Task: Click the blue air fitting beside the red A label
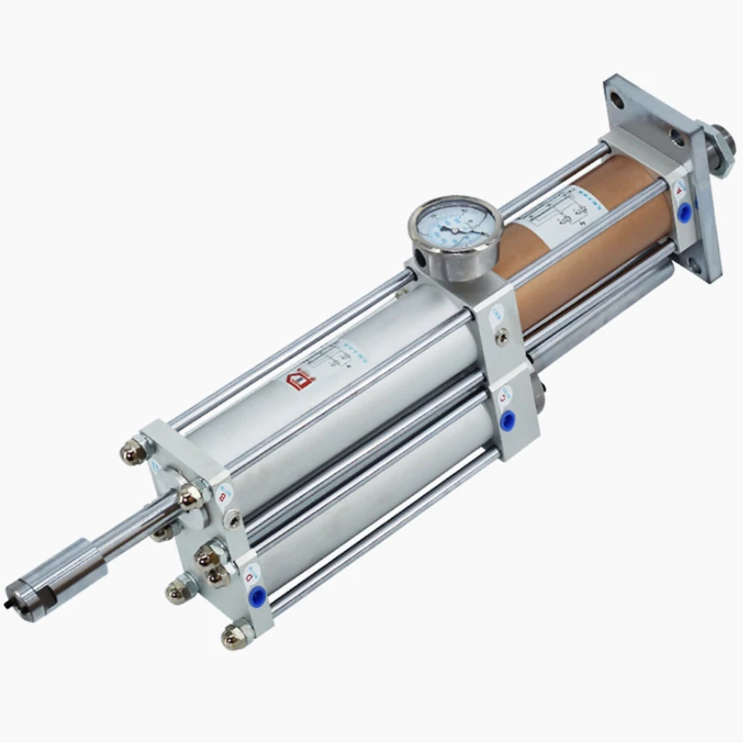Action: click(685, 213)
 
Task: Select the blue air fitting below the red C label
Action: click(507, 423)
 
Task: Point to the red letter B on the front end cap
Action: click(222, 497)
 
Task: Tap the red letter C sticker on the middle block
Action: click(502, 399)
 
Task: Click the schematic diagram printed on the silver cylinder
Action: click(342, 358)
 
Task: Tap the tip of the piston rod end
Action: click(20, 592)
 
